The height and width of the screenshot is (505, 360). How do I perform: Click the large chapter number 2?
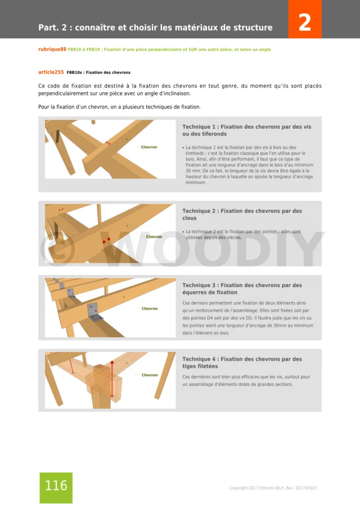304,22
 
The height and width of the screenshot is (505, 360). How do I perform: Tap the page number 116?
56,486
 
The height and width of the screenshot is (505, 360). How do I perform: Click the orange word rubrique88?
52,49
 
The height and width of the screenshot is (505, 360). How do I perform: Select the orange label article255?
51,72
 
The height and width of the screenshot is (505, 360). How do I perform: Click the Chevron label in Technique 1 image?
149,147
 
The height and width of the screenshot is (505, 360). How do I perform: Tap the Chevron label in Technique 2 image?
154,237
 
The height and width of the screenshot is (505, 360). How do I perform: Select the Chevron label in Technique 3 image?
150,309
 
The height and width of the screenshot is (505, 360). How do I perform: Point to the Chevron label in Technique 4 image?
150,375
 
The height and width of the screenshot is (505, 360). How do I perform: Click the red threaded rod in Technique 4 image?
112,380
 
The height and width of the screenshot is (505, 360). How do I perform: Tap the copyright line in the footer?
272,488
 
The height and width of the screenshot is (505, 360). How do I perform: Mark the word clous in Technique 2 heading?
190,218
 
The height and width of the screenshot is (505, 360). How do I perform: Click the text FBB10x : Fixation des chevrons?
98,73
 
